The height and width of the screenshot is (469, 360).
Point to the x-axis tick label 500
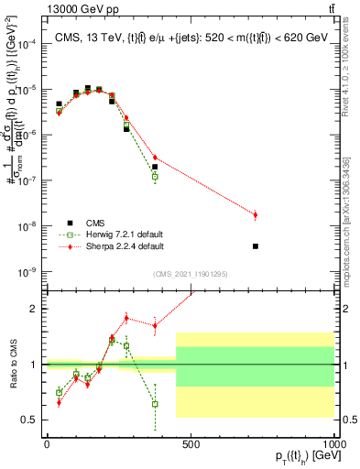pyautogui.click(x=191, y=444)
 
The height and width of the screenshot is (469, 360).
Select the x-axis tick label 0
pyautogui.click(x=46, y=444)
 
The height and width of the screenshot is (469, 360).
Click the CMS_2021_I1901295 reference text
pyautogui.click(x=190, y=274)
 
